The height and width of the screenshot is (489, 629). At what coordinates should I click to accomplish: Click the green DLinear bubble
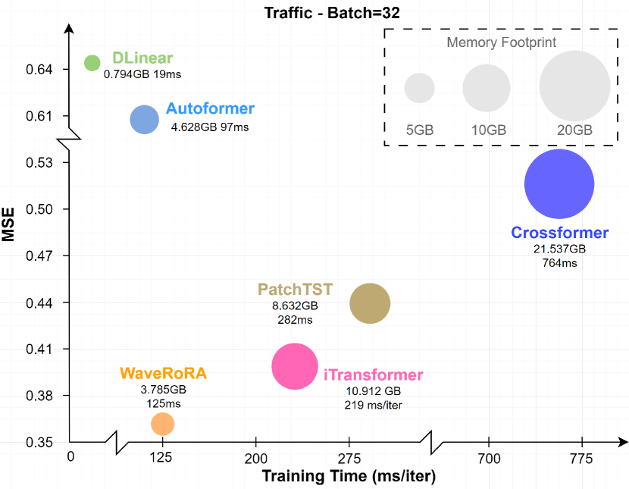coord(92,62)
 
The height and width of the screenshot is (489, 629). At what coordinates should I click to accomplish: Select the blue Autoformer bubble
coord(144,119)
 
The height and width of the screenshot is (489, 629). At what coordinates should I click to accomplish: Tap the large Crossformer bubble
coord(559,184)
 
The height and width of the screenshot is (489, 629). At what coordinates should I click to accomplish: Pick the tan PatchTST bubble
coord(370,303)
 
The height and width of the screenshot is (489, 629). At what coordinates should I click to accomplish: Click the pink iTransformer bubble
coord(294,366)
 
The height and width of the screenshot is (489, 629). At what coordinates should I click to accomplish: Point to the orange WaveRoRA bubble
coord(162,424)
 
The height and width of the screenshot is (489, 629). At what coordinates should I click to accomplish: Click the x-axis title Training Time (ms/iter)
coord(349,477)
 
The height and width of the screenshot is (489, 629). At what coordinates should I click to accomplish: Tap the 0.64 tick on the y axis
coord(39,70)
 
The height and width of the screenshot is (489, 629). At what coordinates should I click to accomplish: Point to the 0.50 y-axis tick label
coord(39,209)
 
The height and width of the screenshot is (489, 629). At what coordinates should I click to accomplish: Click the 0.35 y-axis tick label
coord(39,443)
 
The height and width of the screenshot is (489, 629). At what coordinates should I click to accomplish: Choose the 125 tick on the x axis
coord(161,457)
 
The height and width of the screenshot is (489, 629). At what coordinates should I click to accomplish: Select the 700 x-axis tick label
coord(490,457)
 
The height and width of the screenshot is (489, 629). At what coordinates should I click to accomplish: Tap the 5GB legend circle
coord(419,88)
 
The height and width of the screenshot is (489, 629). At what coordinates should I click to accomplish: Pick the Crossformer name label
coord(559,233)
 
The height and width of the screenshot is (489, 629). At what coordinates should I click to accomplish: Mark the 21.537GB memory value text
coord(559,248)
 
